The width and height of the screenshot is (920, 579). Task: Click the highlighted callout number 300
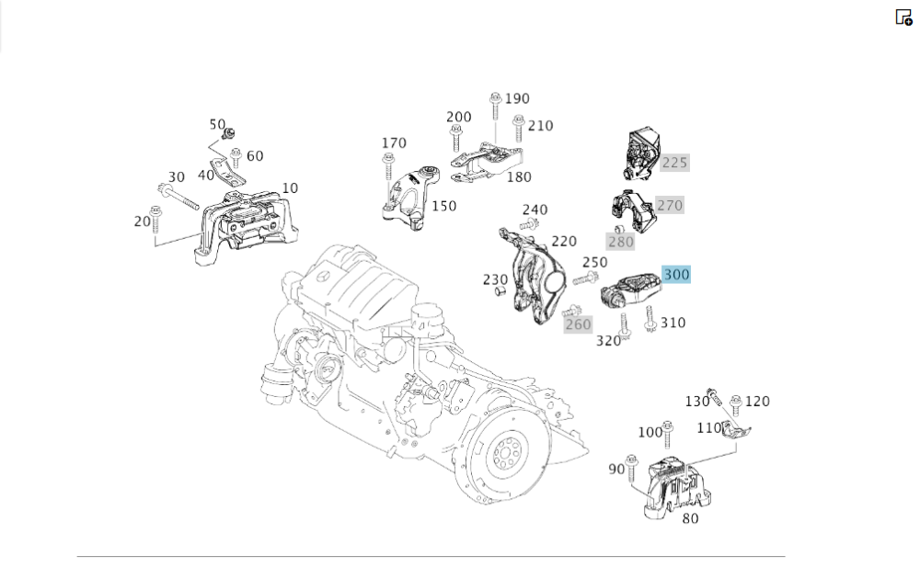click(x=676, y=274)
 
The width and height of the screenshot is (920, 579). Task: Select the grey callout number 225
click(x=674, y=163)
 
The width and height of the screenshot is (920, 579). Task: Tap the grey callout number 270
click(x=670, y=205)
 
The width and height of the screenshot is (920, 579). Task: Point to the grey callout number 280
click(x=620, y=242)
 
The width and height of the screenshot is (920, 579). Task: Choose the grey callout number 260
click(x=578, y=324)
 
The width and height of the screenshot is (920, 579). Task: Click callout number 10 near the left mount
click(x=290, y=187)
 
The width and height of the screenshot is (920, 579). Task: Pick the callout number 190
click(x=517, y=98)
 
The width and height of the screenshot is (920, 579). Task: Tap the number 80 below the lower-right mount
click(x=690, y=518)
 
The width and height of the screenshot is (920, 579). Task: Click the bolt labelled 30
click(x=181, y=197)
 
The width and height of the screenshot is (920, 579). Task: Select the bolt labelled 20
click(x=155, y=214)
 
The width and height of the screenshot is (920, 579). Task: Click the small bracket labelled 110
click(x=737, y=430)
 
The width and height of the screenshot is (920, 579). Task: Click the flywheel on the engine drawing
click(x=503, y=455)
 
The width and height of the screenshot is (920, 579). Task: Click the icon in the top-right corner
click(x=903, y=17)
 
